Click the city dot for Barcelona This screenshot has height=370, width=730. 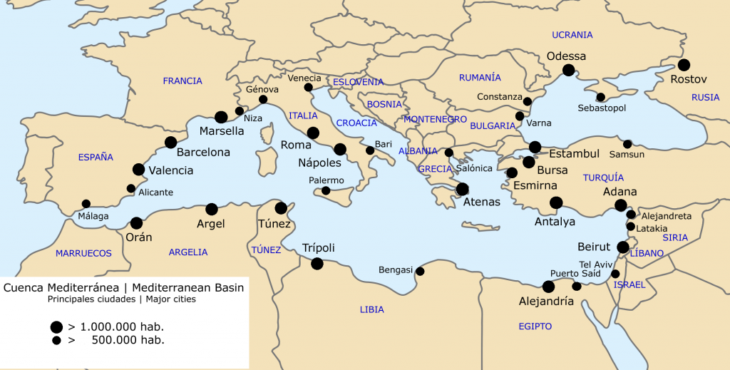pyautogui.click(x=170, y=143)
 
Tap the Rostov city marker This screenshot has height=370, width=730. pyautogui.click(x=684, y=65)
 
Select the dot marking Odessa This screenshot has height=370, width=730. pyautogui.click(x=568, y=69)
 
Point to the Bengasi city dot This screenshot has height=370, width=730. pyautogui.click(x=420, y=271)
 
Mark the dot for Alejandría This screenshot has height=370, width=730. pyautogui.click(x=548, y=287)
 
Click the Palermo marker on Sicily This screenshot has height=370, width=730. pyautogui.click(x=326, y=190)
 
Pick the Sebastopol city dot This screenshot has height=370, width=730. pyautogui.click(x=600, y=97)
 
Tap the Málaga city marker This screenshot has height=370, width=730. pyautogui.click(x=86, y=204)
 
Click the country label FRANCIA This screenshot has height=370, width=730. pyautogui.click(x=182, y=81)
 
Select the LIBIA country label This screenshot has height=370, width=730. pyautogui.click(x=372, y=309)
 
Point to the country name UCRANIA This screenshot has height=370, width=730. pyautogui.click(x=572, y=35)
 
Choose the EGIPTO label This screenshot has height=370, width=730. pyautogui.click(x=535, y=326)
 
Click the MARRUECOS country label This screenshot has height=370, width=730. pyautogui.click(x=84, y=253)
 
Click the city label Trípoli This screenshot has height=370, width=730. pyautogui.click(x=319, y=248)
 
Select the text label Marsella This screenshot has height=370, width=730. pyautogui.click(x=222, y=131)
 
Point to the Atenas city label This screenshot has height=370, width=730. pyautogui.click(x=482, y=202)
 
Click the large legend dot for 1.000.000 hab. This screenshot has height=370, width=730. pyautogui.click(x=56, y=327)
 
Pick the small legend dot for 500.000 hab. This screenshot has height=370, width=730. pyautogui.click(x=56, y=341)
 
